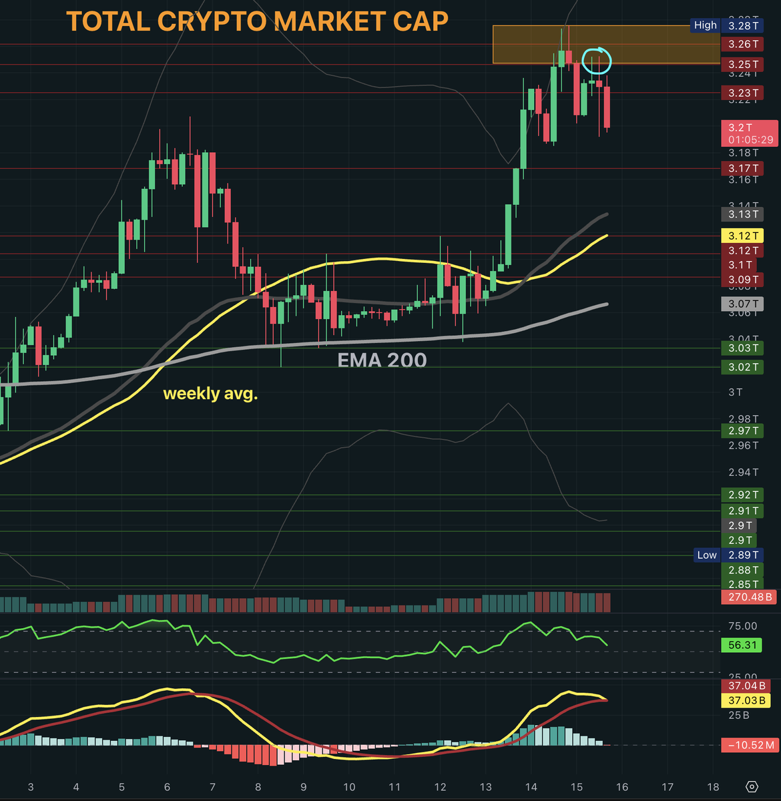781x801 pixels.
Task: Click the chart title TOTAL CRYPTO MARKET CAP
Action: point(257,22)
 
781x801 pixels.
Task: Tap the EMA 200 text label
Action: point(382,360)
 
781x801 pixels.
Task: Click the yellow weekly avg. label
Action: point(210,394)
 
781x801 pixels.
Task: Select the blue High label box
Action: point(705,25)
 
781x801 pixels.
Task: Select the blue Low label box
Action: point(706,555)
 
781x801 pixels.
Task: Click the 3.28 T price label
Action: point(743,26)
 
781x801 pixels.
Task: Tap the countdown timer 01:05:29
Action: point(750,140)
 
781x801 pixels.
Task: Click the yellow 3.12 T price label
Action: point(743,236)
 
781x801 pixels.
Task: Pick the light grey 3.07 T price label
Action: point(743,304)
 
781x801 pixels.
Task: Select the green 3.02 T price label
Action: point(743,367)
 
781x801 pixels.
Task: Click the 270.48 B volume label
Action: point(750,597)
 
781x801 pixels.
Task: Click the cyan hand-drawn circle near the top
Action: point(596,61)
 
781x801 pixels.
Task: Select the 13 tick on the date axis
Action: point(485,787)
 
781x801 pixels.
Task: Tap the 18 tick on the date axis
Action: point(712,787)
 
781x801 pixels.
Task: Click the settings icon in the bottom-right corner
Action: point(752,786)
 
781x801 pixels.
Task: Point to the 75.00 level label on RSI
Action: point(742,626)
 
